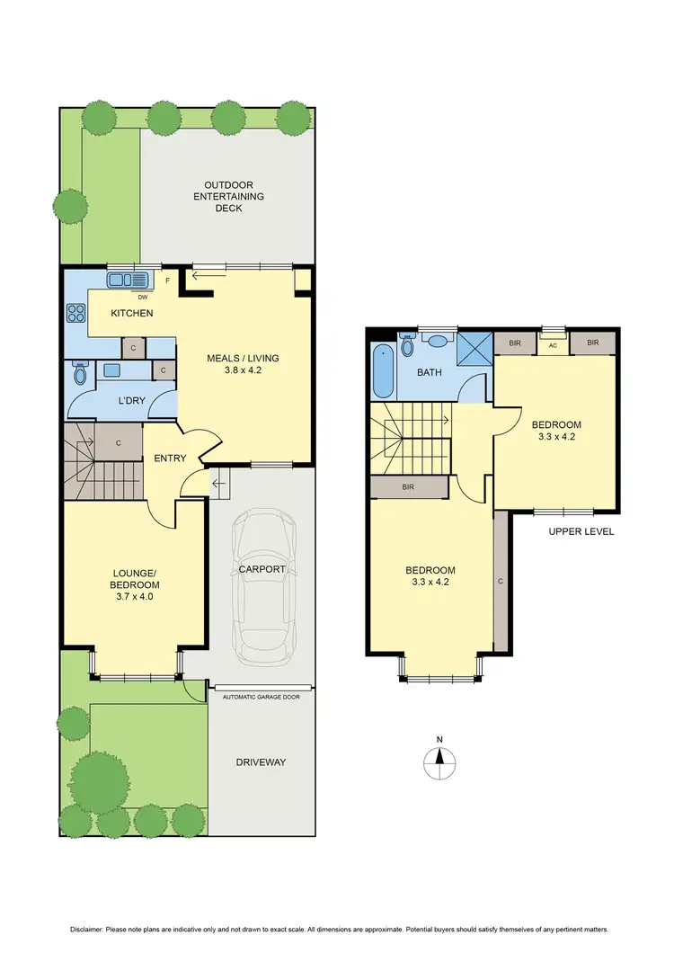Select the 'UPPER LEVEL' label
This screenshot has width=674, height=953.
click(x=581, y=531)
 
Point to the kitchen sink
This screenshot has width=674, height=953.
click(x=131, y=280)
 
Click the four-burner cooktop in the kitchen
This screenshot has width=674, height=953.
click(x=75, y=314)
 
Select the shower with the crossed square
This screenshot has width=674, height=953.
click(x=474, y=347)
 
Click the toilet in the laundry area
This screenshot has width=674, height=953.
click(x=80, y=372)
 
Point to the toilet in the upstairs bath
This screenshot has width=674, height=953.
click(x=409, y=345)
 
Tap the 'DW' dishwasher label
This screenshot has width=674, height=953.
click(x=142, y=296)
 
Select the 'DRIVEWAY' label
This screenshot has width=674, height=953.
click(x=262, y=762)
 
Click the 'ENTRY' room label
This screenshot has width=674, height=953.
click(x=170, y=459)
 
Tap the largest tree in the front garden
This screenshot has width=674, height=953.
click(x=99, y=778)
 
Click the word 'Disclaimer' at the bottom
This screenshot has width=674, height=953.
click(x=90, y=928)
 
